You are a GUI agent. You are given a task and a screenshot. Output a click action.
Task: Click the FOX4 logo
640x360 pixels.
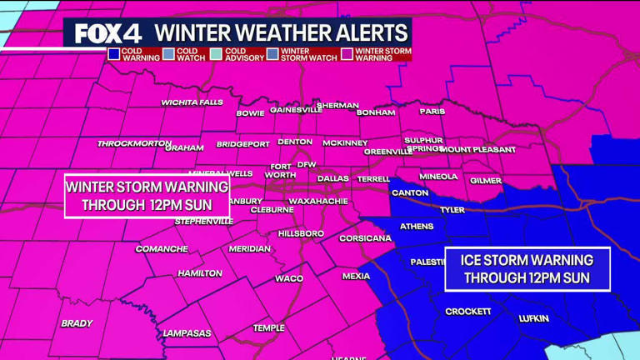pyautogui.click(x=107, y=33)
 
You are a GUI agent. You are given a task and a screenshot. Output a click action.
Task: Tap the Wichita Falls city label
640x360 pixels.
pyautogui.click(x=192, y=102)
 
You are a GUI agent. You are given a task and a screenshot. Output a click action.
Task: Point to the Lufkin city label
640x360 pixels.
pyautogui.click(x=534, y=318)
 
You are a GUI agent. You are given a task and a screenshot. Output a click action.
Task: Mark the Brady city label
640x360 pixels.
pyautogui.click(x=77, y=323)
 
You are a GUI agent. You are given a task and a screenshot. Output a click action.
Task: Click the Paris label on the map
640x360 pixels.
pyautogui.click(x=432, y=111)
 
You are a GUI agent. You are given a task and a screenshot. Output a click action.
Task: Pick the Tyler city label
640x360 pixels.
pyautogui.click(x=452, y=210)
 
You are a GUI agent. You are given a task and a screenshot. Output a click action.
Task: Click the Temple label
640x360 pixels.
pyautogui.click(x=268, y=327)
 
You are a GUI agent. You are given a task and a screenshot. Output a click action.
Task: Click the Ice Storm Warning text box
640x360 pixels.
pyautogui.click(x=527, y=269)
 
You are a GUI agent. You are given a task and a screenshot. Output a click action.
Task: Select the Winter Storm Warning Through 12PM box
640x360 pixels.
pyautogui.click(x=147, y=196)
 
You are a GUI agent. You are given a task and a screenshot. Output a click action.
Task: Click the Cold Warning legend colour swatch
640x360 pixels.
pyautogui.click(x=113, y=54)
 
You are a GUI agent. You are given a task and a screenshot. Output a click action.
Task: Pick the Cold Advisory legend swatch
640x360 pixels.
pyautogui.click(x=216, y=54)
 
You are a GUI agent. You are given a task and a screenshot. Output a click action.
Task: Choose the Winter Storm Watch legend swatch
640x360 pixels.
pyautogui.click(x=272, y=54)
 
